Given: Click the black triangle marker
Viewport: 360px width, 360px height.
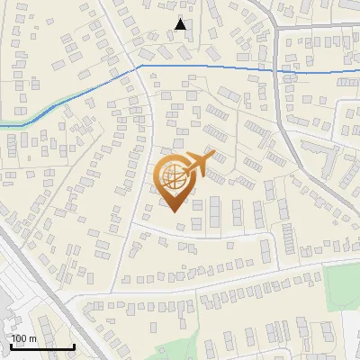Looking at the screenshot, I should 181,24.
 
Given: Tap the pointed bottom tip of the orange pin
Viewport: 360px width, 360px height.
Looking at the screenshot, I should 173,212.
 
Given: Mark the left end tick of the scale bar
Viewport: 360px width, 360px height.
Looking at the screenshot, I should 11,346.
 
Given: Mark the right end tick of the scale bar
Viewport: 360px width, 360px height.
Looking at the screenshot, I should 74,346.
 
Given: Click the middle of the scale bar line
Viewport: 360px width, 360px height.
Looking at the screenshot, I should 42,347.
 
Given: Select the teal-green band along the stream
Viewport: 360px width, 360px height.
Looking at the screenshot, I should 27,121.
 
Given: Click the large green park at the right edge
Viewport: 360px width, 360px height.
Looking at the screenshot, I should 343,286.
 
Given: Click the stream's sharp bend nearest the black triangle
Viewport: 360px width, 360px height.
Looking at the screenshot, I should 141,66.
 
